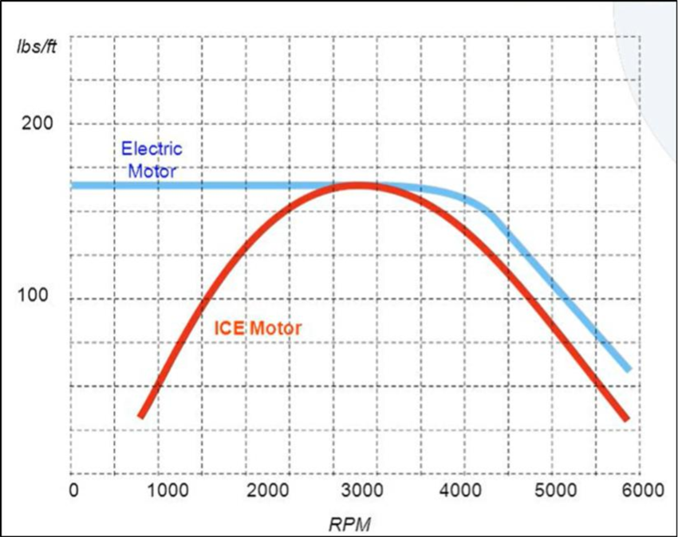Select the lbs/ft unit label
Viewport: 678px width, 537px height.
[x=36, y=43]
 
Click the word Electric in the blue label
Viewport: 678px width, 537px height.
[x=152, y=148]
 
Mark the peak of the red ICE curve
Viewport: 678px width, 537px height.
[x=355, y=186]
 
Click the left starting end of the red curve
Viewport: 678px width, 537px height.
[x=141, y=415]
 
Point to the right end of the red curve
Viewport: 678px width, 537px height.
[x=627, y=418]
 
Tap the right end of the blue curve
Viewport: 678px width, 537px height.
[x=629, y=369]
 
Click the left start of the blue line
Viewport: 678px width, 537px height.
[x=74, y=186]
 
